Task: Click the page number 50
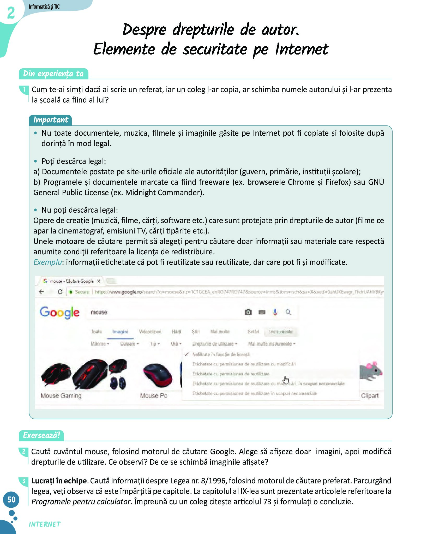11,499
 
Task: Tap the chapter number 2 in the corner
11,13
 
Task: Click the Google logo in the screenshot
59,313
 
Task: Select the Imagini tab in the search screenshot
120,332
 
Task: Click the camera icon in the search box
248,312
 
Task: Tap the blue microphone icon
275,312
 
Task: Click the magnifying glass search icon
288,312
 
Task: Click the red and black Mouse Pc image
157,375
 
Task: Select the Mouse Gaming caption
61,395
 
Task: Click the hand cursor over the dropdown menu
286,380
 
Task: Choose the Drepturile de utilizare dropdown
214,344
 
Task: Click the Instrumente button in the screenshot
281,332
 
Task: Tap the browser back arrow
41,292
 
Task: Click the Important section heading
51,120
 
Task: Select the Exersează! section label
41,435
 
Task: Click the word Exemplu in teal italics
48,262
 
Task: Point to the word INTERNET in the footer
45,524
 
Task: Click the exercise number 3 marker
24,481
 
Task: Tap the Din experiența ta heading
53,74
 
